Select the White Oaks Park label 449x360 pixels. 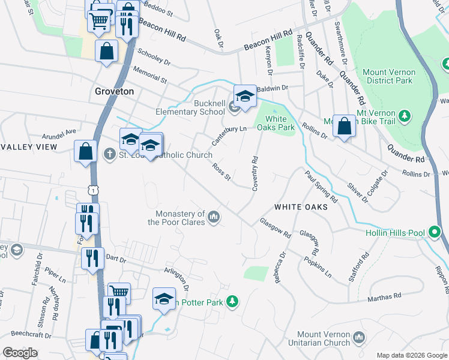click(x=276, y=122)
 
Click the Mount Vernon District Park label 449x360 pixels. click(x=389, y=76)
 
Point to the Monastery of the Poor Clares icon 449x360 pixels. click(x=214, y=215)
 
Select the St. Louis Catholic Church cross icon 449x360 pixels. click(x=109, y=154)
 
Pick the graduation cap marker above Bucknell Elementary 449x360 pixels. click(x=245, y=97)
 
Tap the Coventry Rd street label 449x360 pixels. click(x=255, y=173)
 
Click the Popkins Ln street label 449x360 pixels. click(x=318, y=262)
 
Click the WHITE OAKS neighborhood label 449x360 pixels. click(x=301, y=206)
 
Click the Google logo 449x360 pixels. click(x=20, y=353)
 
